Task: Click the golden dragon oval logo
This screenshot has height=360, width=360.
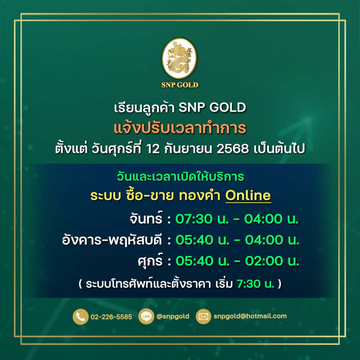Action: coord(179,58)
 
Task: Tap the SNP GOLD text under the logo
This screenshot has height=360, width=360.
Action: coord(180,85)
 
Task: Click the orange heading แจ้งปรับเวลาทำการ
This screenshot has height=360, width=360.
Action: coord(180,128)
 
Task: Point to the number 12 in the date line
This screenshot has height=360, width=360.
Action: coord(153,149)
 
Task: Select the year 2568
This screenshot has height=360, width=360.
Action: coord(233,149)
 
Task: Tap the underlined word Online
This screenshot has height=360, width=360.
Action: coord(248,195)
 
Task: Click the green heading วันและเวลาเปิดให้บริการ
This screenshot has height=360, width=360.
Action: coord(180,177)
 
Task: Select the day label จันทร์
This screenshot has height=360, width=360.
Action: coord(146,218)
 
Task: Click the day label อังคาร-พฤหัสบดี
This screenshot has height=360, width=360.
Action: coord(112,240)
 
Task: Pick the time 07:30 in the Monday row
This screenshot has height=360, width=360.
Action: coord(194,219)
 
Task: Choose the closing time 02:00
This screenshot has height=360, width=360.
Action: coord(264,261)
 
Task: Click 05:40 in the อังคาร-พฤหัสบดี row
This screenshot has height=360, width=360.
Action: coord(194,240)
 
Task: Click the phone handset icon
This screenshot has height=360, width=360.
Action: coord(81,317)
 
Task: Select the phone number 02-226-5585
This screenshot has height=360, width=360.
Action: coord(111,317)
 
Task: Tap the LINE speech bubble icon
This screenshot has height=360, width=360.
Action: coord(146,316)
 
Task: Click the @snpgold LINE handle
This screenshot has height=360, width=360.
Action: coord(173,316)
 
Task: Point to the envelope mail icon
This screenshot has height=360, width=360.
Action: coord(203,316)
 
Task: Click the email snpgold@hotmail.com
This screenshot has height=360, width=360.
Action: coord(250,316)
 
